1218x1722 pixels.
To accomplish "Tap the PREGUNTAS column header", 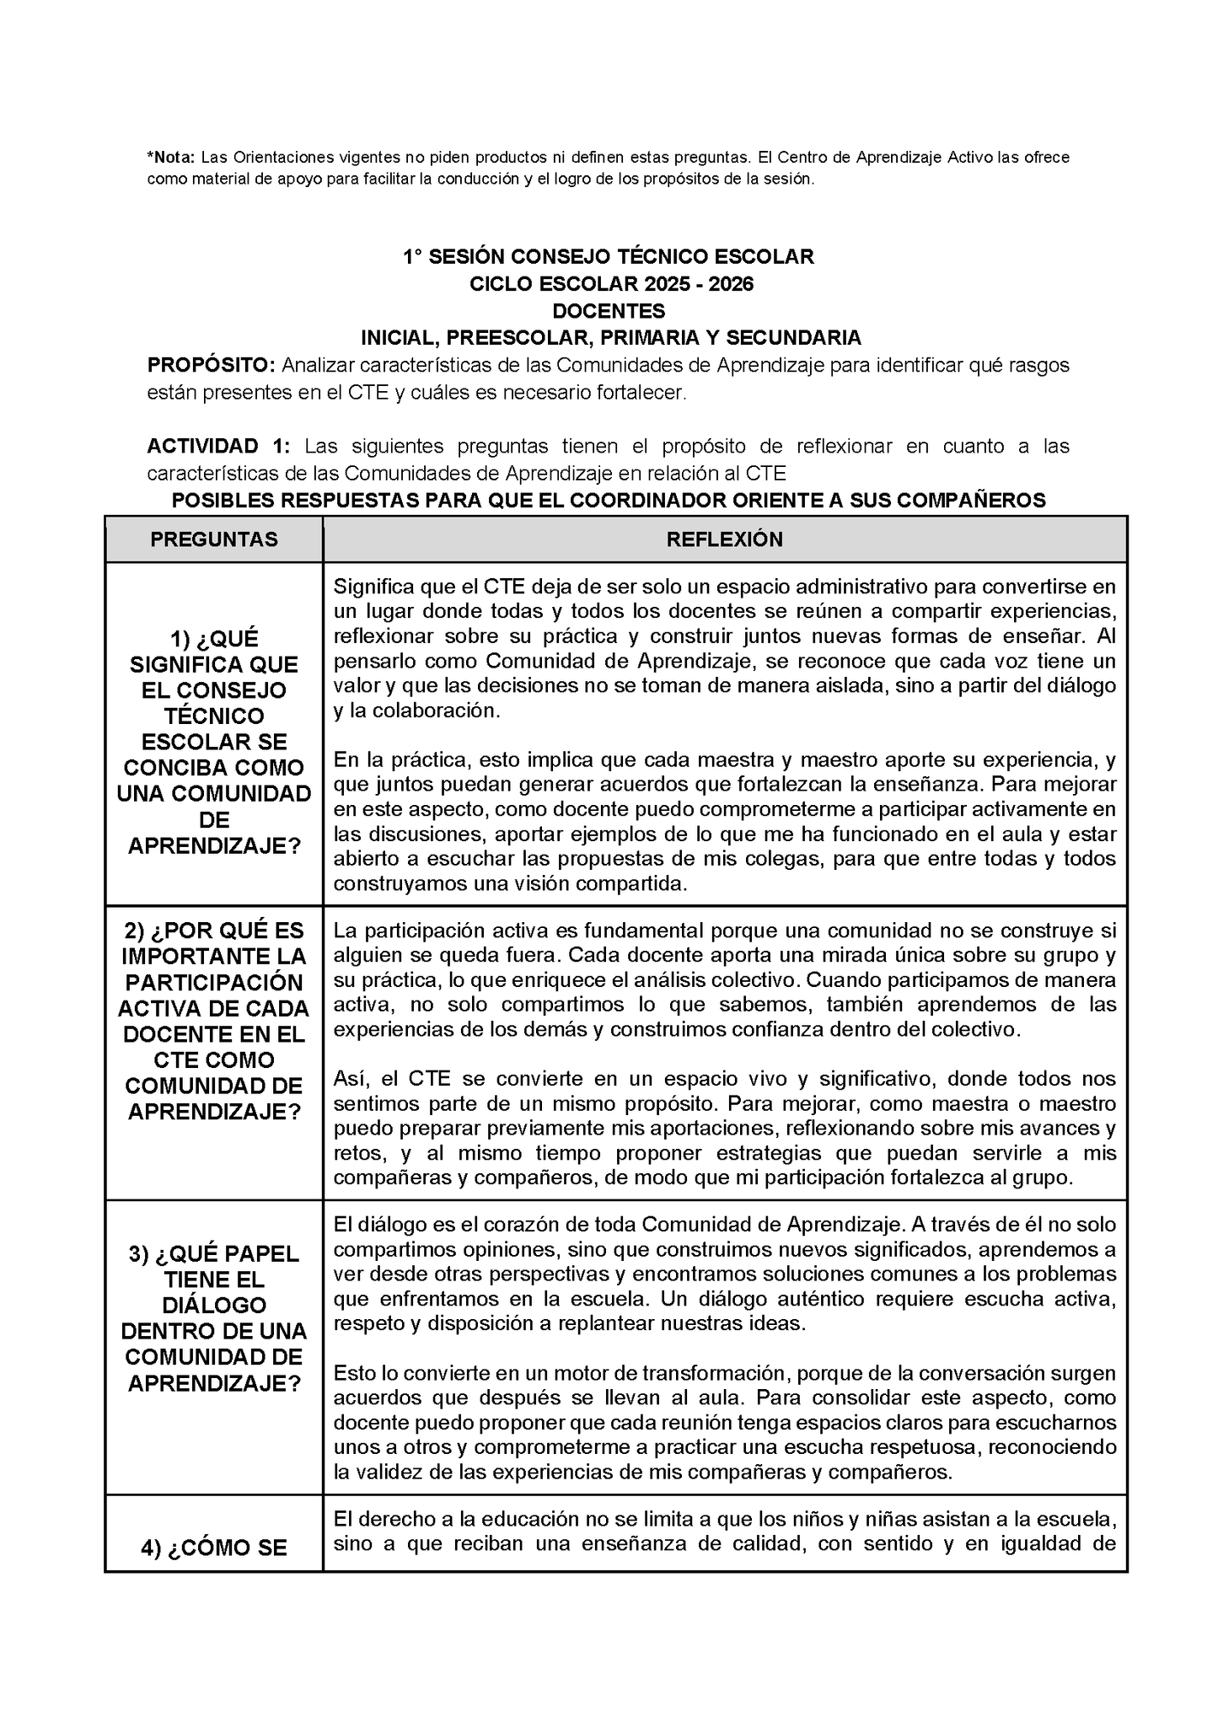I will [214, 539].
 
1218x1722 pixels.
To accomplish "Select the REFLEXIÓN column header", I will [725, 539].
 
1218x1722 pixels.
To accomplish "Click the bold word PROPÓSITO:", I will [211, 365].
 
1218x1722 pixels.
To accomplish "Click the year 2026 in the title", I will [731, 284].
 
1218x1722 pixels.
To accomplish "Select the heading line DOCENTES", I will [614, 311].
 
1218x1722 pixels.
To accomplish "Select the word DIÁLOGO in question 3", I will [214, 1305].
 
